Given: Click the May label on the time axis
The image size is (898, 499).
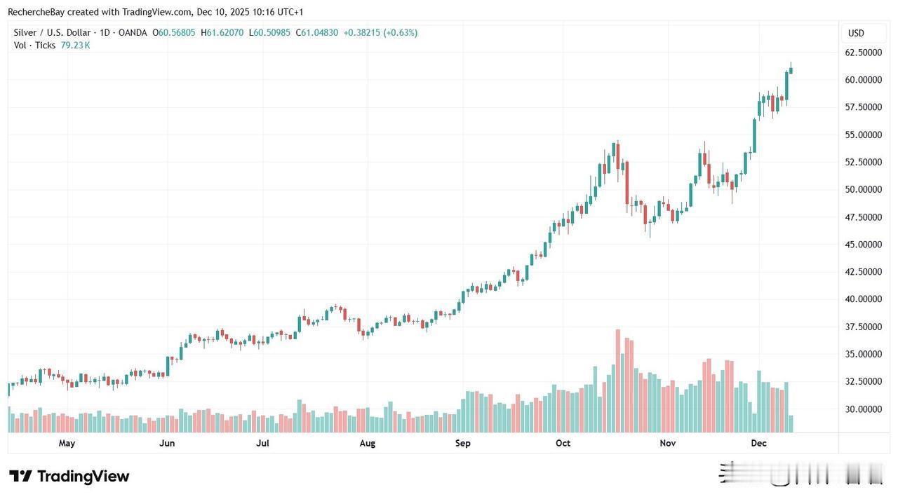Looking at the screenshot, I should click(x=67, y=443).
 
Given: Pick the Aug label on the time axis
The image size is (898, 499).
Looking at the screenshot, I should click(x=367, y=443).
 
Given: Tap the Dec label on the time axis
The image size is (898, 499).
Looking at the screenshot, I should click(x=758, y=443).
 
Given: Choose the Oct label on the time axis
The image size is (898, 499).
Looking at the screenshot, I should click(x=563, y=443).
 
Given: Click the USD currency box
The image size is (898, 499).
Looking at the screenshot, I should click(x=856, y=33).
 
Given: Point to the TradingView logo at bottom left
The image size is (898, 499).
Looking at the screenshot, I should click(x=69, y=477).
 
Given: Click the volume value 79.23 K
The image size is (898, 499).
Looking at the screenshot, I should click(x=75, y=46).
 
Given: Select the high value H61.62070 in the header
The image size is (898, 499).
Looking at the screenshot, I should click(x=222, y=32).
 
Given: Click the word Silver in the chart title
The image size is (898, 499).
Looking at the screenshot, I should click(x=25, y=32).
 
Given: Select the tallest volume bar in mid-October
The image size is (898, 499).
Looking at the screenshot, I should click(x=618, y=381).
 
